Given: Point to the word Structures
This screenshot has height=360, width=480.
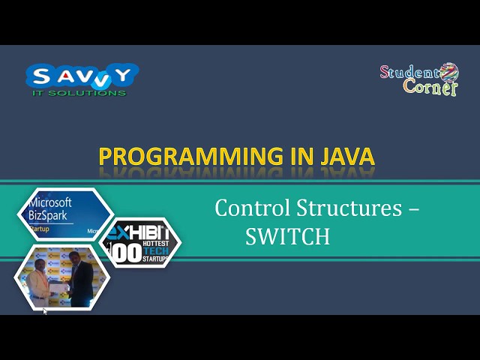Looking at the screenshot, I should pyautogui.click(x=348, y=208).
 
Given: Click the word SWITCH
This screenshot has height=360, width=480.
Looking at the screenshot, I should pyautogui.click(x=287, y=237).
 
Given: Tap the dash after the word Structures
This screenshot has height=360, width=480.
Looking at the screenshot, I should pyautogui.click(x=412, y=209).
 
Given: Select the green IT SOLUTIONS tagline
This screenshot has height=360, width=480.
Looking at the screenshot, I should pyautogui.click(x=79, y=93).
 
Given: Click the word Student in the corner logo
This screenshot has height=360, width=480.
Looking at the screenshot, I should pyautogui.click(x=409, y=73).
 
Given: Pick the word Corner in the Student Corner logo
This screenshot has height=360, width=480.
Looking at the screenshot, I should pyautogui.click(x=430, y=88).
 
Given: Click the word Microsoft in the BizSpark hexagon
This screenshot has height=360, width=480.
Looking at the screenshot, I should pyautogui.click(x=49, y=202).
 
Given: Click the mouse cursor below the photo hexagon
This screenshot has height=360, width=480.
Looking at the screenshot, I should pyautogui.click(x=44, y=310).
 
